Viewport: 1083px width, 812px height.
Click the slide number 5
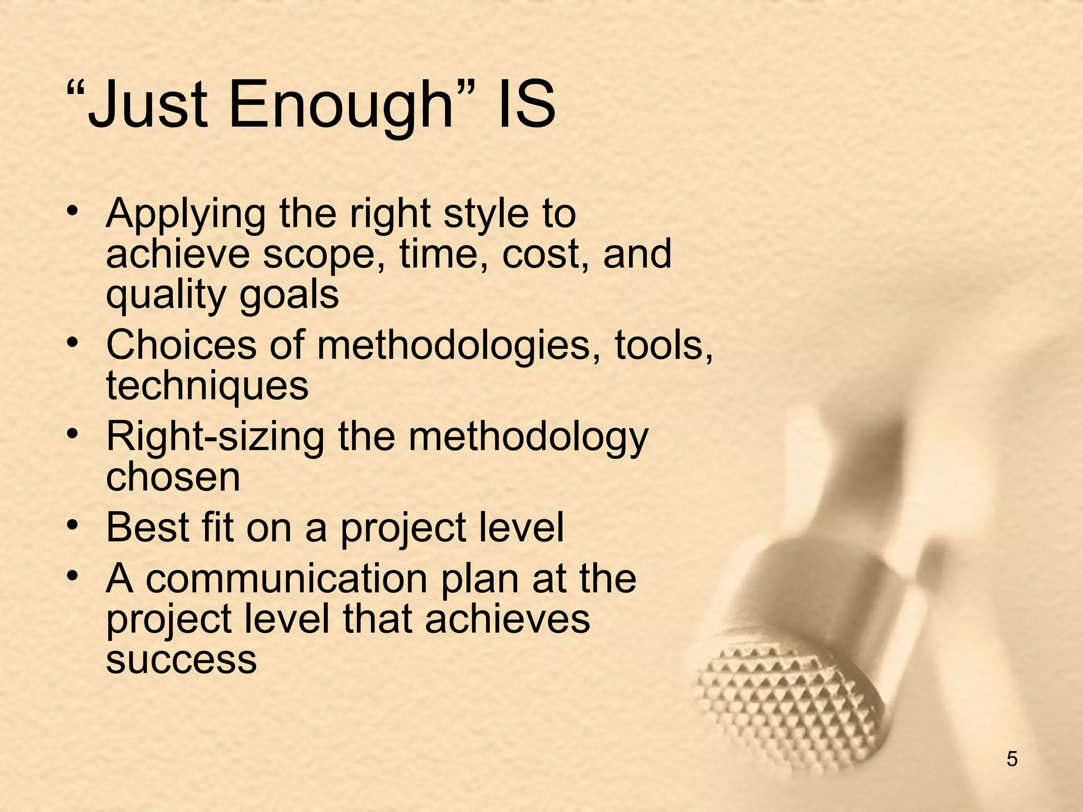click(1012, 759)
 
